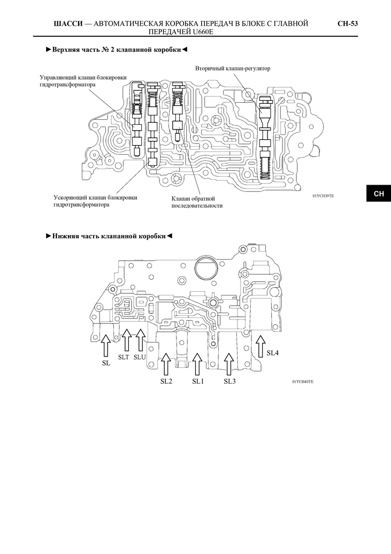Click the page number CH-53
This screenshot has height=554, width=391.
point(348,24)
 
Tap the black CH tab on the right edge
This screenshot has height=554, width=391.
point(379,193)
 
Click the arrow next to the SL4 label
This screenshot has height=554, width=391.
point(260,346)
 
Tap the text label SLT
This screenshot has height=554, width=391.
point(124,357)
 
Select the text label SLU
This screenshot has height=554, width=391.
point(140,357)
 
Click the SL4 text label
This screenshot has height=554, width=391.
point(273,353)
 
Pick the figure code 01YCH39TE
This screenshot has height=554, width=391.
point(323,196)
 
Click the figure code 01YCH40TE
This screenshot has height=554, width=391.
point(303,382)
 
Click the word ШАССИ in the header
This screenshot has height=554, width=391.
point(68,24)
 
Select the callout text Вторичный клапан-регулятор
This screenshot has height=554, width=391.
point(233,68)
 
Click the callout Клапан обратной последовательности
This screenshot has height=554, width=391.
point(197,202)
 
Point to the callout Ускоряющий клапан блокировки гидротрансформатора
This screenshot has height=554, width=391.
point(95,201)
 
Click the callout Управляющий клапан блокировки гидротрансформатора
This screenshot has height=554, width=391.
point(83,81)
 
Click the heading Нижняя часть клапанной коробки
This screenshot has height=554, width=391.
point(109,236)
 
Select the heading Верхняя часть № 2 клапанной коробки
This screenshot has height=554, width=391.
point(117,49)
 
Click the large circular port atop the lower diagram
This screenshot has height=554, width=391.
point(206,269)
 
